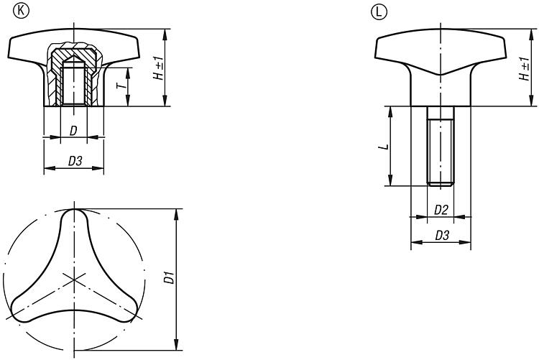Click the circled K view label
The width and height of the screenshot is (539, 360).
click(x=22, y=11)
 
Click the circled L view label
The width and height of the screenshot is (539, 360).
click(x=379, y=12)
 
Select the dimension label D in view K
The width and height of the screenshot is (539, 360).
click(x=73, y=131)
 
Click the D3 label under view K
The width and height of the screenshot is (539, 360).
click(x=75, y=160)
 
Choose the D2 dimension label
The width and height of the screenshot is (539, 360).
click(x=441, y=210)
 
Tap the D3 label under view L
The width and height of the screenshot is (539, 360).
click(x=442, y=236)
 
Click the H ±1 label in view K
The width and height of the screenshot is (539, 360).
click(x=159, y=68)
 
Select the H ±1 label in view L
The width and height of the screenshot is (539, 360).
click(x=525, y=69)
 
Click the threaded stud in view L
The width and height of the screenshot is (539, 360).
click(x=441, y=146)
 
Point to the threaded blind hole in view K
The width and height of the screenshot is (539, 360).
click(x=73, y=83)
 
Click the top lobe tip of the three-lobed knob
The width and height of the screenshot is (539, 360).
click(x=74, y=210)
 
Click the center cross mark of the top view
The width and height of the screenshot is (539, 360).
click(x=74, y=280)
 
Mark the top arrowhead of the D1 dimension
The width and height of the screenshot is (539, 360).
click(x=176, y=214)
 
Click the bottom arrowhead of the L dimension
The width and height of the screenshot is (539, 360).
click(x=390, y=180)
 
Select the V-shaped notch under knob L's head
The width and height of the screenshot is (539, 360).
click(x=441, y=74)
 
